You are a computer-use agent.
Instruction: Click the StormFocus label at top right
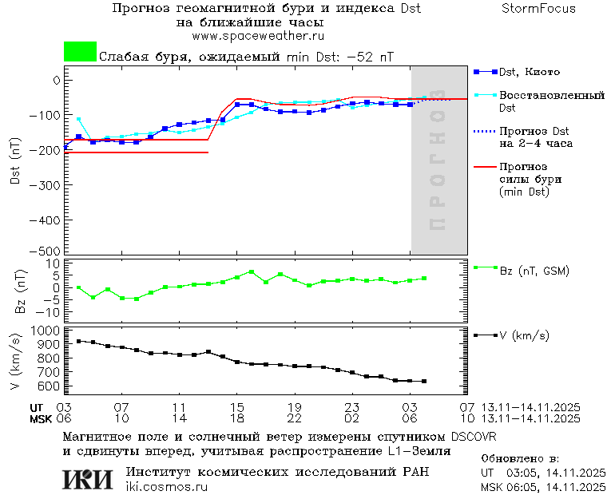(x=538, y=9)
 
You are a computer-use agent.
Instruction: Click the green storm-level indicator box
(x=80, y=52)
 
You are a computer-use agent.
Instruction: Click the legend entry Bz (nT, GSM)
(x=534, y=271)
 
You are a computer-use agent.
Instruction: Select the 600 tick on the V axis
(x=50, y=386)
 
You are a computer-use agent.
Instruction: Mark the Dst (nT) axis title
(x=15, y=163)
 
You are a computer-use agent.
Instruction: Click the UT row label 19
(x=294, y=406)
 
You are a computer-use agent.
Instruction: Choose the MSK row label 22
(x=294, y=418)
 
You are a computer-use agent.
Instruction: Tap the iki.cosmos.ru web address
(x=166, y=487)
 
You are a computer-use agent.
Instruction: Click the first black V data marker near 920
(x=78, y=341)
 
